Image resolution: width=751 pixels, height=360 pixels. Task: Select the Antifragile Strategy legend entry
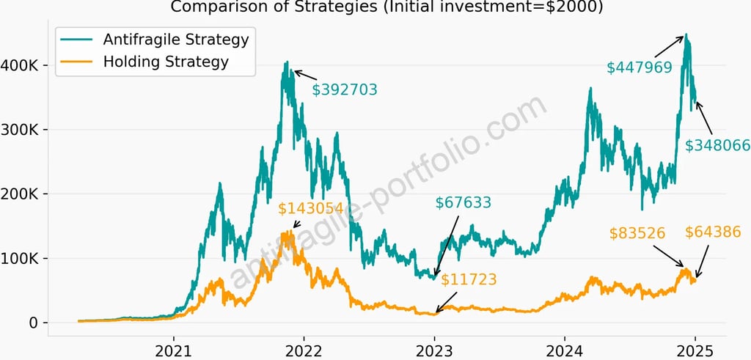point(176,38)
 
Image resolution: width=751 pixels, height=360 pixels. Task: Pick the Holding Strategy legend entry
point(166,62)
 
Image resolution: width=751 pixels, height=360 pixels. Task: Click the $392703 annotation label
point(344,90)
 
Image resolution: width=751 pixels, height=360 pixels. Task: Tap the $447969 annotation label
point(640,68)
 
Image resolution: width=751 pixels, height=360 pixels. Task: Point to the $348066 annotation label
point(717,146)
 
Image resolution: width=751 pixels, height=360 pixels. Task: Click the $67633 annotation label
point(463,202)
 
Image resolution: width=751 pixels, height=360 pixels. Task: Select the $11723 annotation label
point(469,279)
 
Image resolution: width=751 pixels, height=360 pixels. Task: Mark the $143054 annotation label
point(310,209)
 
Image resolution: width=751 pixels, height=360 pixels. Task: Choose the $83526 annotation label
point(637,234)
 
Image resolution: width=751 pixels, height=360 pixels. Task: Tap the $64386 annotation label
point(713,232)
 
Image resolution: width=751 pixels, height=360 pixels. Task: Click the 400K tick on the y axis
point(22,65)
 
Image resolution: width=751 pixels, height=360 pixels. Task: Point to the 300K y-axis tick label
point(22,130)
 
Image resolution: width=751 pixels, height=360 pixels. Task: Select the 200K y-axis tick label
point(22,194)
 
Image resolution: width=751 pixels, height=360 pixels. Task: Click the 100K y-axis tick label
point(22,259)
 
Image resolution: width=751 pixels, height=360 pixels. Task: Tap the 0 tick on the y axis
point(33,323)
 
